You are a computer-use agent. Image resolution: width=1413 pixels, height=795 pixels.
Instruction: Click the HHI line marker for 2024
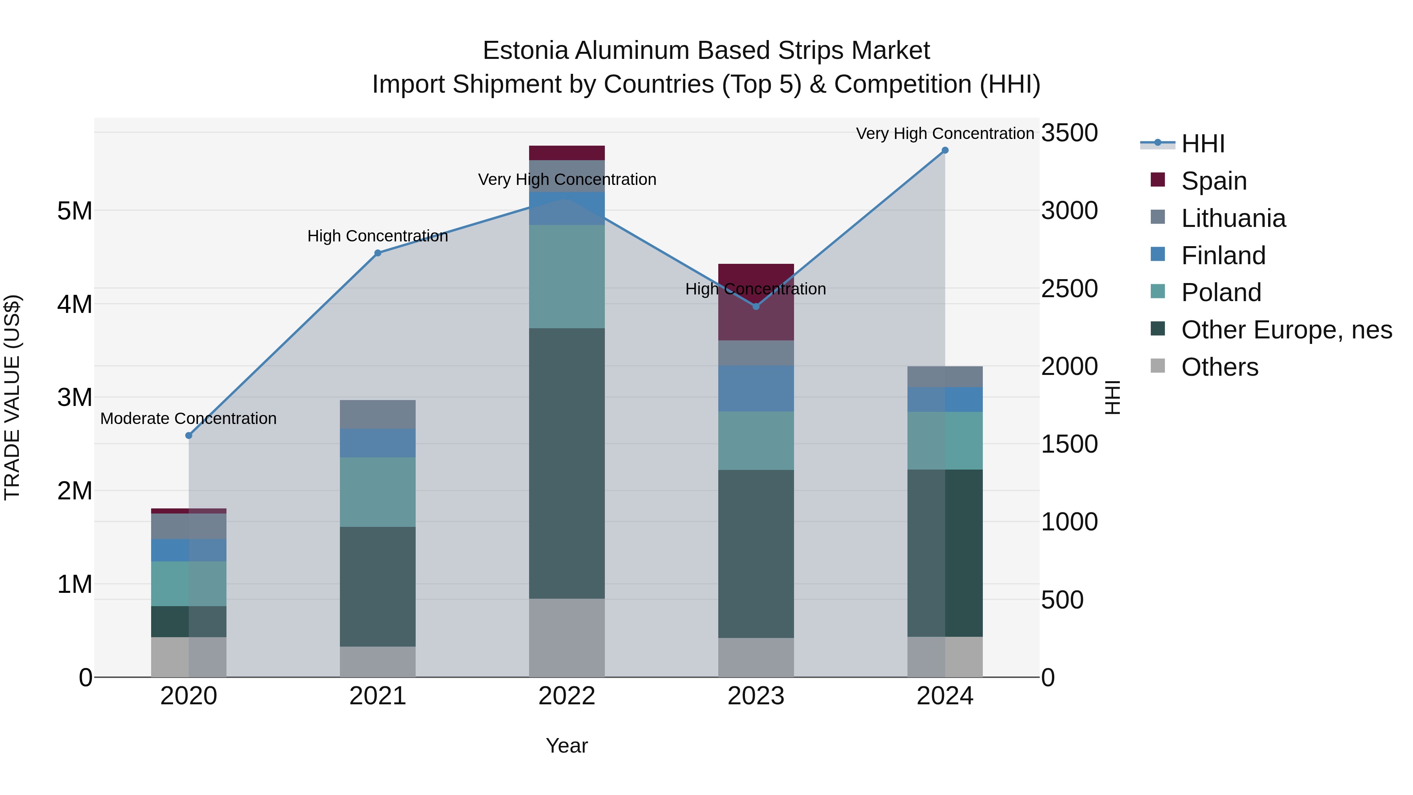[945, 150]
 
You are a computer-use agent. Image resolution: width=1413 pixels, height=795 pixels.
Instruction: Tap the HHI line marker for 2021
[377, 253]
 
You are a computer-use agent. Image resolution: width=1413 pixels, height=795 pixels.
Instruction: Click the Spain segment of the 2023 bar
[756, 302]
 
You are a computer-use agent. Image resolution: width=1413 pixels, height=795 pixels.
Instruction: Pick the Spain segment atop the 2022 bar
[567, 153]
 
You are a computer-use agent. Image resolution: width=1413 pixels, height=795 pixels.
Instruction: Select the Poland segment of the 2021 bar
[377, 492]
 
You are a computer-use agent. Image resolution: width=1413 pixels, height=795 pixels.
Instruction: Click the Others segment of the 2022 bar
[567, 638]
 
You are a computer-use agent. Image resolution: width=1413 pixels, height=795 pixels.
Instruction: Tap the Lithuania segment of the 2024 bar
[945, 377]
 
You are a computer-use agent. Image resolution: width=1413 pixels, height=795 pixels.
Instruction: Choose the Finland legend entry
[1223, 256]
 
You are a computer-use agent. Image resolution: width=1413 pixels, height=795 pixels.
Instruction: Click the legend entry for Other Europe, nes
[1286, 330]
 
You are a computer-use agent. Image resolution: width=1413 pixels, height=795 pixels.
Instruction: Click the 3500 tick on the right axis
[1069, 133]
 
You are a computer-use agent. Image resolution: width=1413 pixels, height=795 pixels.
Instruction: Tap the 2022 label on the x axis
[567, 696]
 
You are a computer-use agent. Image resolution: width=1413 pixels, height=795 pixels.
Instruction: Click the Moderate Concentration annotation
[188, 419]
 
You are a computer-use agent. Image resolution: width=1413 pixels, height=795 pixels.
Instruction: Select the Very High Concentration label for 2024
[945, 133]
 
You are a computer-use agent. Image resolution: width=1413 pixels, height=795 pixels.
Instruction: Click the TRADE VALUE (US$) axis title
[13, 397]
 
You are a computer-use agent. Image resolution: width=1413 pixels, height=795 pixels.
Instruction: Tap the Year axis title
[567, 746]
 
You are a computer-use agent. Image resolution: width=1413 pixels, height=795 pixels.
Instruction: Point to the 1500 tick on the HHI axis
[1069, 444]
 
